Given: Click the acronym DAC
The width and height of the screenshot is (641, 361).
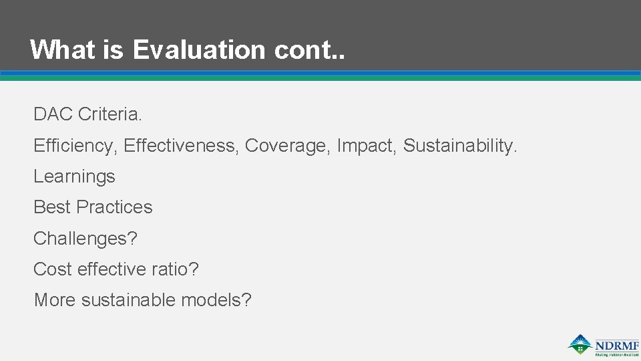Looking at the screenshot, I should pyautogui.click(x=53, y=114).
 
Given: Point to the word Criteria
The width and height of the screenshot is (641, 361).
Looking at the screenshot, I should pyautogui.click(x=110, y=114).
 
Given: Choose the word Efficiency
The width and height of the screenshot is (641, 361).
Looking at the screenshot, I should pyautogui.click(x=75, y=146).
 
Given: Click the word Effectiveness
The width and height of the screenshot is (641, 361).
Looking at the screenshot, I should pyautogui.click(x=181, y=146).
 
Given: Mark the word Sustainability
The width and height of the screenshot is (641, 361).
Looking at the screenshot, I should pyautogui.click(x=460, y=146).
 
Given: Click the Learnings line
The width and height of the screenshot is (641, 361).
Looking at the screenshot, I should pyautogui.click(x=74, y=176).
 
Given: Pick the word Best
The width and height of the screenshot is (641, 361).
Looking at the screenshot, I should pyautogui.click(x=52, y=207).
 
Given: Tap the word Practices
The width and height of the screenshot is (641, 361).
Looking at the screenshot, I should pyautogui.click(x=114, y=207).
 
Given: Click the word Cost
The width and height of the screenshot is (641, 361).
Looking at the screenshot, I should pyautogui.click(x=53, y=269).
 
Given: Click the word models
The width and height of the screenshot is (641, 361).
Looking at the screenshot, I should pyautogui.click(x=216, y=300).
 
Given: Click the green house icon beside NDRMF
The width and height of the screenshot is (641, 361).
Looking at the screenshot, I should pyautogui.click(x=580, y=344).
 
